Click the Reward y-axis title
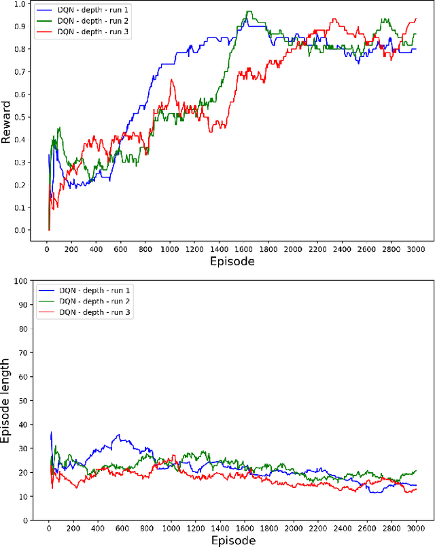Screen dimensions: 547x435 click(6, 122)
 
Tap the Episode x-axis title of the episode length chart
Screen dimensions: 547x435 click(233, 540)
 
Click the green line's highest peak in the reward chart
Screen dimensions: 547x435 click(248, 12)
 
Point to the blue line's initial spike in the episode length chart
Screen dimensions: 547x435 click(51, 432)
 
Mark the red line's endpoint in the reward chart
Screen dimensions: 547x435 click(415, 19)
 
